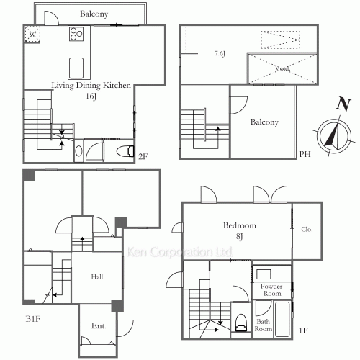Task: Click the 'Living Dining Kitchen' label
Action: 91,85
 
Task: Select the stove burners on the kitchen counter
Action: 76,35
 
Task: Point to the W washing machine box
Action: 32,34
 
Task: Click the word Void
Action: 282,68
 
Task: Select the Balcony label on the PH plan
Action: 264,122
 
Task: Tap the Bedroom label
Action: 240,225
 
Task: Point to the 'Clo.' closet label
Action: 306,230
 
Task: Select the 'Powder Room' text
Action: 271,289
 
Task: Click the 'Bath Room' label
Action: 263,325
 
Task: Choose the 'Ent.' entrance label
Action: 99,326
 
